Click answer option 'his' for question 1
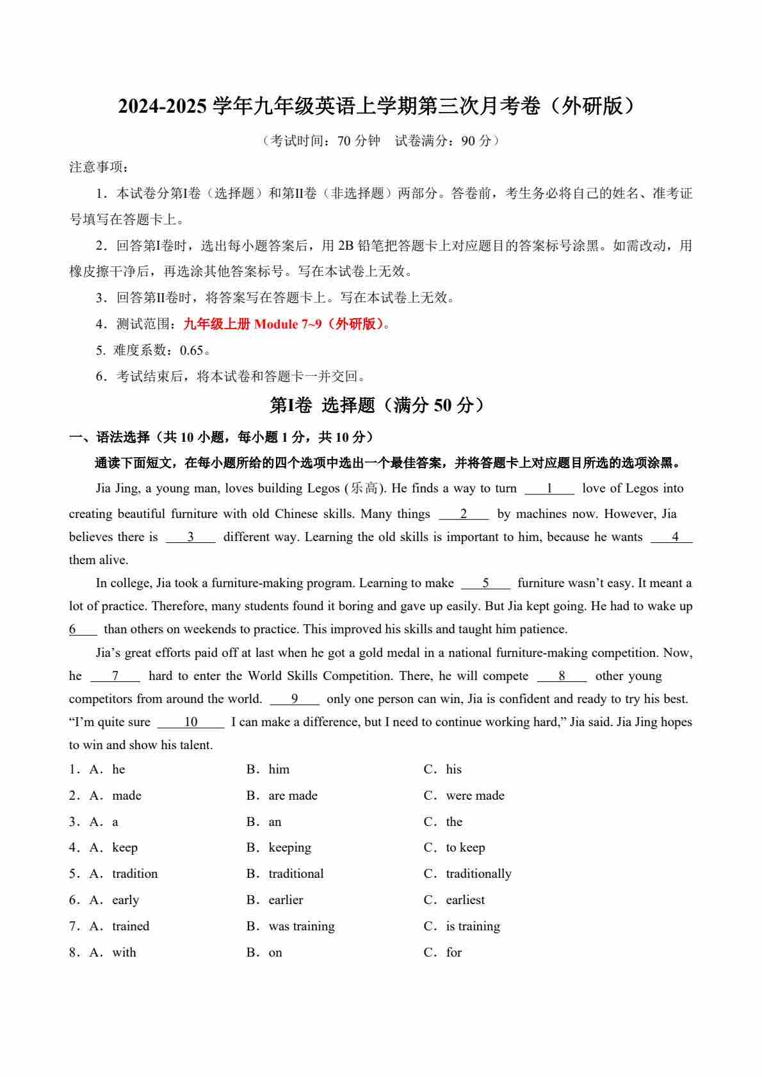[x=453, y=769]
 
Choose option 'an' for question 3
[x=275, y=822]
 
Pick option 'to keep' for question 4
[x=465, y=847]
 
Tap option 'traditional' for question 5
[x=296, y=873]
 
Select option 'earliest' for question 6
[x=465, y=900]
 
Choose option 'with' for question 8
[x=124, y=952]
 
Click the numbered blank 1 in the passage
[x=549, y=489]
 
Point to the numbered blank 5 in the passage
[x=485, y=583]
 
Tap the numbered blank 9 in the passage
[x=295, y=699]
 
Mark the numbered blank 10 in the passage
[x=191, y=722]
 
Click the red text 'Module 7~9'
[x=288, y=324]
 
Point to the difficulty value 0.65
[x=191, y=350]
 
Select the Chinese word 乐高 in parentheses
[x=364, y=489]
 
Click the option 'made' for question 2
[x=126, y=795]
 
